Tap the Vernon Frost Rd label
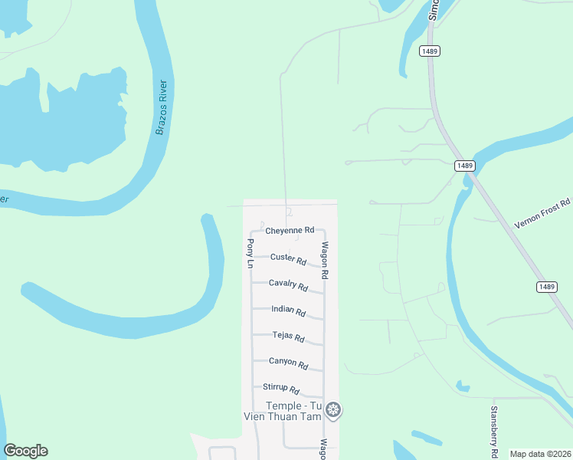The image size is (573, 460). (543, 213)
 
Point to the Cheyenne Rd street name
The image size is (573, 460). (290, 230)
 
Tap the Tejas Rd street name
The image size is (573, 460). (289, 337)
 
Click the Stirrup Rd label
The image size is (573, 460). (280, 389)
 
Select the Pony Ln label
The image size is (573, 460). (250, 253)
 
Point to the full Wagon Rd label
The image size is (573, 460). (325, 260)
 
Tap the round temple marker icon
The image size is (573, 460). (333, 410)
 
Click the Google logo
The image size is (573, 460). (25, 451)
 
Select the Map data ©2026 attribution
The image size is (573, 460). (540, 454)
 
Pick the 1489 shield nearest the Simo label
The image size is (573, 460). (429, 51)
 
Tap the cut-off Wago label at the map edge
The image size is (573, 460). (324, 449)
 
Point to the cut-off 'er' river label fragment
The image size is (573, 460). (4, 199)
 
